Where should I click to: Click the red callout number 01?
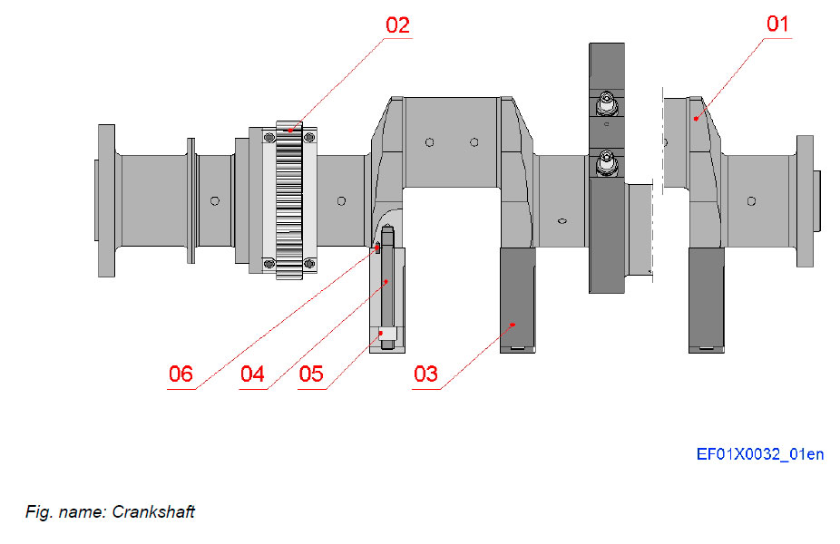click(x=778, y=24)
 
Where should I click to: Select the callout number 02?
click(x=397, y=24)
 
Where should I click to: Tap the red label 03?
click(x=425, y=374)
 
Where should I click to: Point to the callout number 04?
click(x=252, y=374)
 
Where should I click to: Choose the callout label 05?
click(x=310, y=374)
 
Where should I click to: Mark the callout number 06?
click(x=181, y=374)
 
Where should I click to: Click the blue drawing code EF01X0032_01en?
click(x=759, y=454)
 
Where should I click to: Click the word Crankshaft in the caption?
click(x=153, y=512)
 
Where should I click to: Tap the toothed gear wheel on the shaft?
click(x=288, y=199)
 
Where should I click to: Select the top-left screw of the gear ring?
click(x=269, y=136)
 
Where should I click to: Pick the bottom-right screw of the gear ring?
click(x=309, y=264)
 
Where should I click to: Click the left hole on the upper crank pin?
click(x=429, y=141)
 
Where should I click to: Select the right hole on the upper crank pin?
click(x=474, y=141)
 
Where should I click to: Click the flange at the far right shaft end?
click(x=805, y=199)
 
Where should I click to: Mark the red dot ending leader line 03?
click(x=513, y=323)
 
